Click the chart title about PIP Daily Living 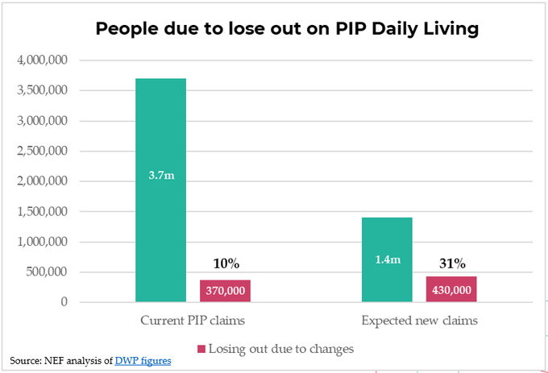(287, 29)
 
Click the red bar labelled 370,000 (225, 291)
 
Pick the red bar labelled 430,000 (450, 289)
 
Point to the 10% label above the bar (226, 263)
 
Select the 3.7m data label (160, 174)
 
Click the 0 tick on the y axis (63, 302)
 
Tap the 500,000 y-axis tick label (45, 272)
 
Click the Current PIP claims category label (193, 321)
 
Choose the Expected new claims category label (419, 321)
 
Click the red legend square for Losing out (201, 349)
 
